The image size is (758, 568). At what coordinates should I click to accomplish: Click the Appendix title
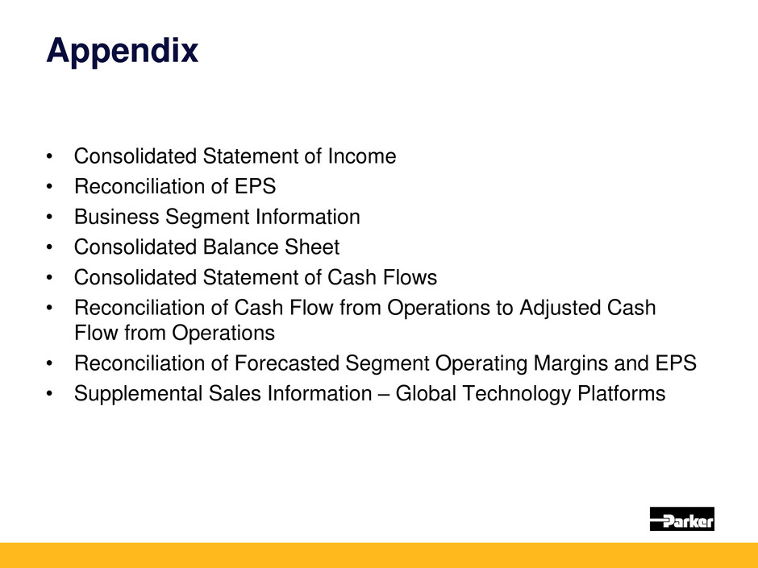(x=123, y=52)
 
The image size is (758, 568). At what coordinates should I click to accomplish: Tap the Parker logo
(x=681, y=519)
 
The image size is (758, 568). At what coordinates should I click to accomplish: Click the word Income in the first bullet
(x=362, y=156)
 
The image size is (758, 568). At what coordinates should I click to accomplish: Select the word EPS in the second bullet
(x=256, y=186)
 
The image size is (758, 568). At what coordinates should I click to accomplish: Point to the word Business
(x=116, y=217)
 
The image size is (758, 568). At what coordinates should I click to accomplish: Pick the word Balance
(x=240, y=247)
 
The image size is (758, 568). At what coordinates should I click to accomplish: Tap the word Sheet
(x=312, y=247)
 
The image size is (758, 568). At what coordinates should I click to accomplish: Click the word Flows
(x=410, y=278)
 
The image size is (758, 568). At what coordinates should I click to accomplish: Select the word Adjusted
(x=560, y=308)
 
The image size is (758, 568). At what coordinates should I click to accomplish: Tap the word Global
(x=426, y=394)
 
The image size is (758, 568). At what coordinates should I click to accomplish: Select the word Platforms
(x=622, y=394)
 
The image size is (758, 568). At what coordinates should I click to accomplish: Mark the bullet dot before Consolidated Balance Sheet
(x=49, y=247)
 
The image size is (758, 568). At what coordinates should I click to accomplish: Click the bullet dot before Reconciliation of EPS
(x=49, y=186)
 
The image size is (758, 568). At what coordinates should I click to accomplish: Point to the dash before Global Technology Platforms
(x=384, y=395)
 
